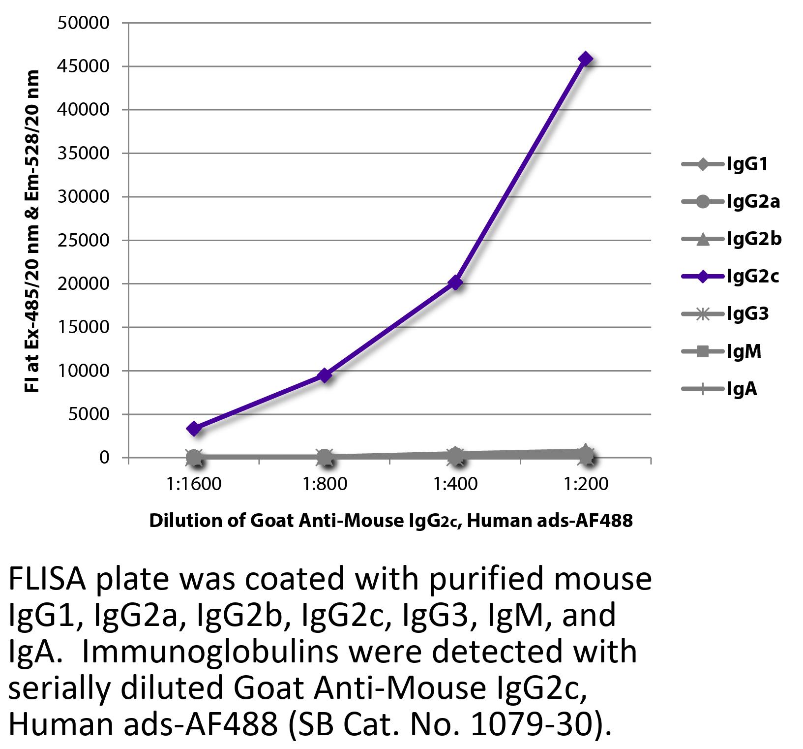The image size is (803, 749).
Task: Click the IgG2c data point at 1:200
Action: tap(585, 59)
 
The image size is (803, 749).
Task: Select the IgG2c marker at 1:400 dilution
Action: tap(455, 282)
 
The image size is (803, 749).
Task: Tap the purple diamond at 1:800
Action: tap(325, 375)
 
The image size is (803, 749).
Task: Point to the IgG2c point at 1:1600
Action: tap(194, 428)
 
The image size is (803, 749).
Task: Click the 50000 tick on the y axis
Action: tap(83, 23)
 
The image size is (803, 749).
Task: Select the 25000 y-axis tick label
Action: tap(83, 240)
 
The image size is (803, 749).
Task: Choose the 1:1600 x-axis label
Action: tap(194, 484)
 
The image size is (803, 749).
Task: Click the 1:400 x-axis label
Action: tap(455, 484)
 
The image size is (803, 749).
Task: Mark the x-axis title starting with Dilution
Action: tap(390, 521)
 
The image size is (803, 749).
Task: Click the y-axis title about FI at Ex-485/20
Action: tap(31, 231)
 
